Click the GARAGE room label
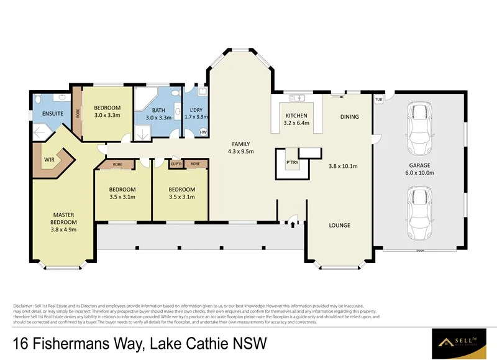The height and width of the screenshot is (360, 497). point(419,165)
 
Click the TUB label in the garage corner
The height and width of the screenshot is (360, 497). point(378,99)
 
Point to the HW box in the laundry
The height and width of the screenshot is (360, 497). point(203,132)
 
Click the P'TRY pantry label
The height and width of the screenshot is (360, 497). point(292,164)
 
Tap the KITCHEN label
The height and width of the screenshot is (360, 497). point(296,116)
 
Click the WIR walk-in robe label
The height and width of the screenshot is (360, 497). point(50,159)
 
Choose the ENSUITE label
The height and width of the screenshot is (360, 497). point(52,114)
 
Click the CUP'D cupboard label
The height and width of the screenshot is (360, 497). point(175,164)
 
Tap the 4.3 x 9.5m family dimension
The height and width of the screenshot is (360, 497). point(242,151)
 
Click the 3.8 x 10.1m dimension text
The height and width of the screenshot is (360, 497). point(344,166)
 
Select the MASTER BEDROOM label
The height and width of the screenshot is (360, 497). point(64,218)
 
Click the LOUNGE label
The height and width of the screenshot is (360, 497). point(339,225)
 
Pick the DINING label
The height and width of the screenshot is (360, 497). point(349,116)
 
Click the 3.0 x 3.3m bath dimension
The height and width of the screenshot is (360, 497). point(158,118)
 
